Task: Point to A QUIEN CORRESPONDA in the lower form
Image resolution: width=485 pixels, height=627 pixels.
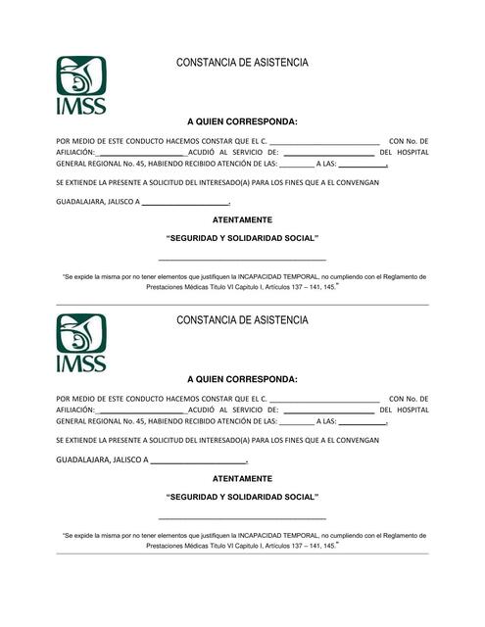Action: (242, 378)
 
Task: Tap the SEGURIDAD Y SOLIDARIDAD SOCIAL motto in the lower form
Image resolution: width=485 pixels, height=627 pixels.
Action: (242, 497)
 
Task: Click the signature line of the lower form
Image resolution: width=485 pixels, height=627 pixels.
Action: (242, 517)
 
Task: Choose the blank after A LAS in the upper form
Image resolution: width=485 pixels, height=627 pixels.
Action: (364, 165)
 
